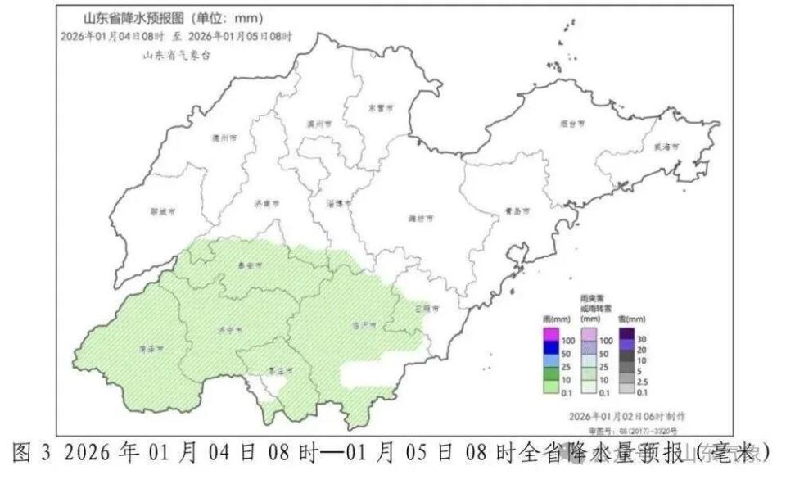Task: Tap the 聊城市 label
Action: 164,211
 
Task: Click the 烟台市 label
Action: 573,124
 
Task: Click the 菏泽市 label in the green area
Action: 150,347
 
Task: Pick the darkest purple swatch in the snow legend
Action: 624,332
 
